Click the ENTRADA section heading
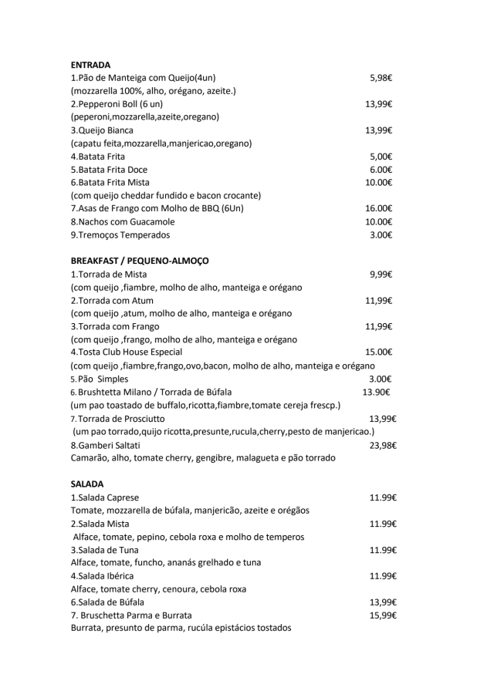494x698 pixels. click(90, 65)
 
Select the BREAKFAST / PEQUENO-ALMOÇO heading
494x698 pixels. click(139, 261)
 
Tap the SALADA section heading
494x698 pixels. click(86, 484)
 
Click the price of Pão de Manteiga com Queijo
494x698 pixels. click(381, 78)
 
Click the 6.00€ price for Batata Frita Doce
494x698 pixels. click(381, 170)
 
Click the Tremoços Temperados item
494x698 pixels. click(120, 235)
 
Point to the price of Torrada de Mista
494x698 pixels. click(381, 275)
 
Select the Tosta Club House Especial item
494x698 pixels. click(127, 352)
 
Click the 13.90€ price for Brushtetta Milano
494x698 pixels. click(376, 392)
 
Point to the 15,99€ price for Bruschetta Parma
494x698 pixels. click(383, 615)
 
